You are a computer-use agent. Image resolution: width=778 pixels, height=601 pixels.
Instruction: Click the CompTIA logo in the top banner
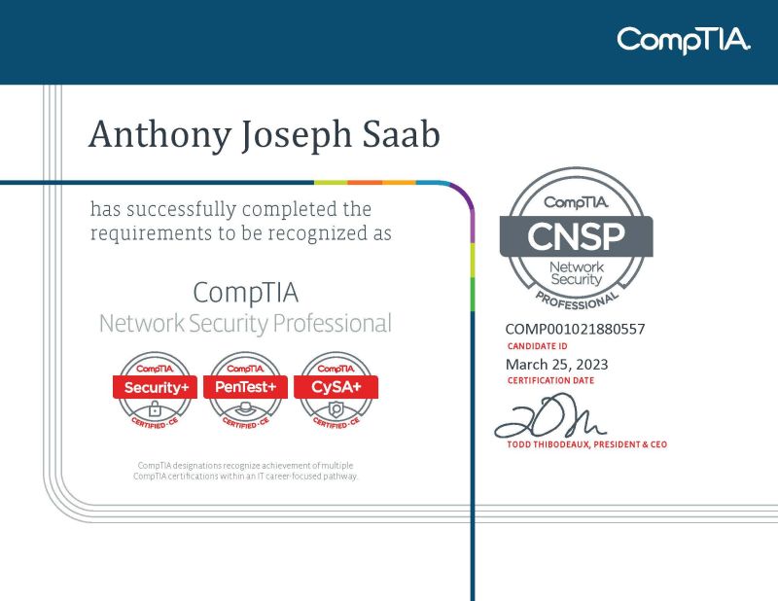coord(684,40)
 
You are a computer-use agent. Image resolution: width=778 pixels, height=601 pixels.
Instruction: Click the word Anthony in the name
coord(157,135)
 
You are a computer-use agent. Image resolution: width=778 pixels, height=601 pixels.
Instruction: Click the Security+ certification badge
coord(157,389)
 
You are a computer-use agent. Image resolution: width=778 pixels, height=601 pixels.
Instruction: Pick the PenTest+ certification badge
coord(246,389)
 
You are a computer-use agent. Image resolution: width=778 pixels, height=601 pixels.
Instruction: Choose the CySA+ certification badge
coord(336,389)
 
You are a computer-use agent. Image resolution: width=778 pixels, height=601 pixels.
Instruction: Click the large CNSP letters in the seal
coord(576,236)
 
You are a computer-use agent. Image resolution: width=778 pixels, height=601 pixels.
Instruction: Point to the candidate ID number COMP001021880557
coord(575,329)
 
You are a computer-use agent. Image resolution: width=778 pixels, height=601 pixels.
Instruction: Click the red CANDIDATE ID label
coord(538,346)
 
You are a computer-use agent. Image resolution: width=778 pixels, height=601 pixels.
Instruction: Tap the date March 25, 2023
coord(557,364)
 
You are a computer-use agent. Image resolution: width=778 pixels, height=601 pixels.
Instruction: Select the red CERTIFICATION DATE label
coord(550,381)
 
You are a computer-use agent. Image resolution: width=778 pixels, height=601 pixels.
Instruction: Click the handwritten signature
coord(549,420)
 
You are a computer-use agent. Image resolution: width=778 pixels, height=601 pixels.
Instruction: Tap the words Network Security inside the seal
coord(577,273)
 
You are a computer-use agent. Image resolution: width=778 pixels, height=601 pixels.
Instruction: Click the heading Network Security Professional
coord(245,323)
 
